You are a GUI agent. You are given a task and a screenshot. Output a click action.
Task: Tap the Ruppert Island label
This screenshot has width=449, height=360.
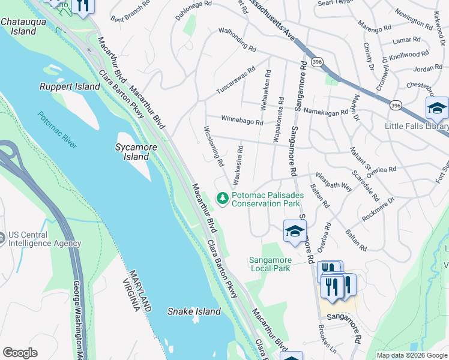[70, 87]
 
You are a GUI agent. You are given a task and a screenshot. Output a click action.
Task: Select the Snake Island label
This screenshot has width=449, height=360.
[194, 311]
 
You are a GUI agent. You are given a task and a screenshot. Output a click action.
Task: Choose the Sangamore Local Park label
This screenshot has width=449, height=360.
[270, 264]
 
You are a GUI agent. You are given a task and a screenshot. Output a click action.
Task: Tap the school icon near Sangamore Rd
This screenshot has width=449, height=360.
[295, 231]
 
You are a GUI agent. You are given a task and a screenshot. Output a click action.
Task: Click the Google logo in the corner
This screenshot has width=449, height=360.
[20, 353]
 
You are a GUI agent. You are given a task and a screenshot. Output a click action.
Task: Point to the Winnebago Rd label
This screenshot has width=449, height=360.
[242, 120]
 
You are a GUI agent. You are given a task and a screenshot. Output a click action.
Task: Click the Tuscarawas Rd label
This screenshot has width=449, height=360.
[236, 80]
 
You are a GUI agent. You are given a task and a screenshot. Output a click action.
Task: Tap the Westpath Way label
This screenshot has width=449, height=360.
[334, 182]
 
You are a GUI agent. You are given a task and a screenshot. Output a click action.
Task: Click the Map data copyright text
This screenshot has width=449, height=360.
[412, 355]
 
